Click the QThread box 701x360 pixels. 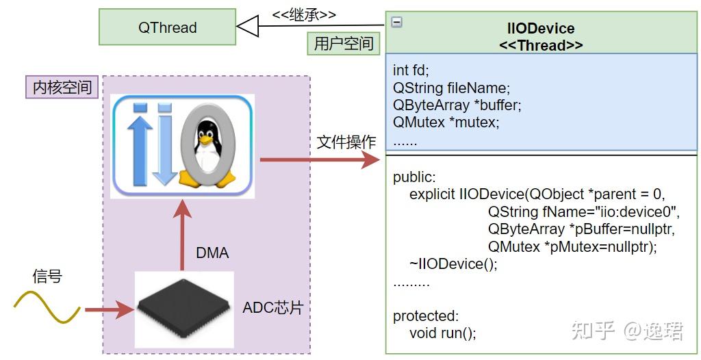pos(167,28)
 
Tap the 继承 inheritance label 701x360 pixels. pos(304,14)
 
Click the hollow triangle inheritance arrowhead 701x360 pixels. pos(246,27)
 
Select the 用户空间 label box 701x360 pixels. pos(344,44)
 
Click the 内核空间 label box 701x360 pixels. pos(62,88)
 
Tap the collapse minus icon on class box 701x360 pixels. pos(396,22)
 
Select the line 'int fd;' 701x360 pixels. pos(411,70)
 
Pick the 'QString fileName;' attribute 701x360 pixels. pos(452,88)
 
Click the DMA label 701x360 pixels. pos(212,253)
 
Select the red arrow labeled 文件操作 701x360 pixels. pos(318,161)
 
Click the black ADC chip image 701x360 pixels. pos(183,307)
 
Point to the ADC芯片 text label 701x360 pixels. pos(272,308)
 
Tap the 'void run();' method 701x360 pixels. pos(442,333)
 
